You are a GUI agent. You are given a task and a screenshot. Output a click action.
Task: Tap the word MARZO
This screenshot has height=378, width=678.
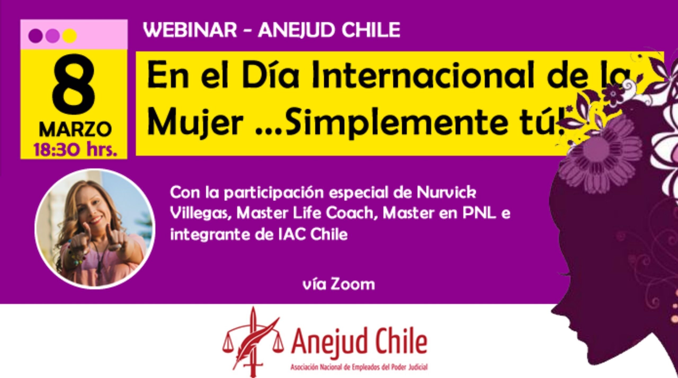click(x=75, y=130)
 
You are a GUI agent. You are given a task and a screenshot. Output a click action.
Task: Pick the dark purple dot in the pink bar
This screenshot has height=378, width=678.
click(x=35, y=36)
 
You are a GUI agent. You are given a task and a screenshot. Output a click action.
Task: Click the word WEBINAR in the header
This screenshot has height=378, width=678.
click(x=190, y=30)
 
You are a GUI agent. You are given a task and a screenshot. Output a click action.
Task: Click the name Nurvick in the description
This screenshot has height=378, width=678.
click(x=446, y=193)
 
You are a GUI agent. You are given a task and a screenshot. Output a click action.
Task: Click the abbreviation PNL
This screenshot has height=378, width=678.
click(x=479, y=214)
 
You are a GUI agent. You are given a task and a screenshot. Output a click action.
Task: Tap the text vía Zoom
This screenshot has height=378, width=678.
click(x=339, y=284)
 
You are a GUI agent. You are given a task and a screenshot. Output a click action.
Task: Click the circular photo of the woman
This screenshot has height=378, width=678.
click(x=95, y=228)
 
